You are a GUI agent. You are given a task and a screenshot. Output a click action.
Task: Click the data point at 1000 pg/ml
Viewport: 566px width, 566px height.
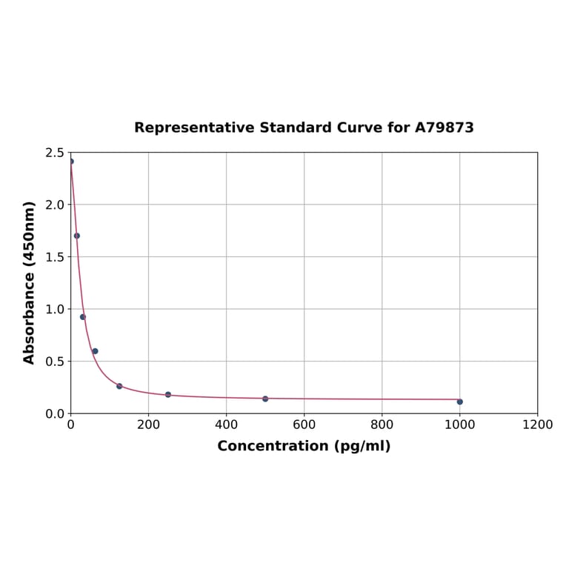(459, 402)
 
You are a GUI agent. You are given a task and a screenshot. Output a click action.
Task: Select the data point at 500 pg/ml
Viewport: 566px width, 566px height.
(265, 399)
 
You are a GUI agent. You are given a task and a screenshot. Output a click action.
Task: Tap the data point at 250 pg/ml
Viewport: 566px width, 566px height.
(168, 394)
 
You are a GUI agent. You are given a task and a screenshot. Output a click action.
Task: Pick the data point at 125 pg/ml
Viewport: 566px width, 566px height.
(119, 386)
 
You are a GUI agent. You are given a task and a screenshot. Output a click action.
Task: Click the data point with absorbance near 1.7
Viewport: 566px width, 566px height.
(77, 236)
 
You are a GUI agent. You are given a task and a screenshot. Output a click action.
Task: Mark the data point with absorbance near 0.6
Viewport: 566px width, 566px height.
(95, 351)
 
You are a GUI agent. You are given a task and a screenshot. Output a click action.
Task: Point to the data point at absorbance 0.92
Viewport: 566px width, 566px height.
(83, 317)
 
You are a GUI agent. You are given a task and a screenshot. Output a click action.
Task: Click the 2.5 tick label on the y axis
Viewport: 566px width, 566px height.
(55, 153)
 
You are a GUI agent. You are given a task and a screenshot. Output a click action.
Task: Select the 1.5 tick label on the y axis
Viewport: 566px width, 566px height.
(55, 257)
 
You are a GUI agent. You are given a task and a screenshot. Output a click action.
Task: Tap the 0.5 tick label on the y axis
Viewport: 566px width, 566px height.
(55, 362)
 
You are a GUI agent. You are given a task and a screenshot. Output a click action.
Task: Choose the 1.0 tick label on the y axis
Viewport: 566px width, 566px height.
(55, 309)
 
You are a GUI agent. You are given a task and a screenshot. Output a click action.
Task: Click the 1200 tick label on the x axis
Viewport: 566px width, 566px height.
(537, 424)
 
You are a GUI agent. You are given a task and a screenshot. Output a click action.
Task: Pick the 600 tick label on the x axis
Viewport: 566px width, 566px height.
(304, 424)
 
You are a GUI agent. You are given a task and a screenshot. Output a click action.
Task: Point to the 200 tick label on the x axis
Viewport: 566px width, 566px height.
(148, 424)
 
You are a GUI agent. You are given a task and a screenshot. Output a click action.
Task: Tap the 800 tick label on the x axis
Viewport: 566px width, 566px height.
(382, 424)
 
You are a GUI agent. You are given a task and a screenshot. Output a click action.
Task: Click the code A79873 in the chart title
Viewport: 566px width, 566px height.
(444, 127)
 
